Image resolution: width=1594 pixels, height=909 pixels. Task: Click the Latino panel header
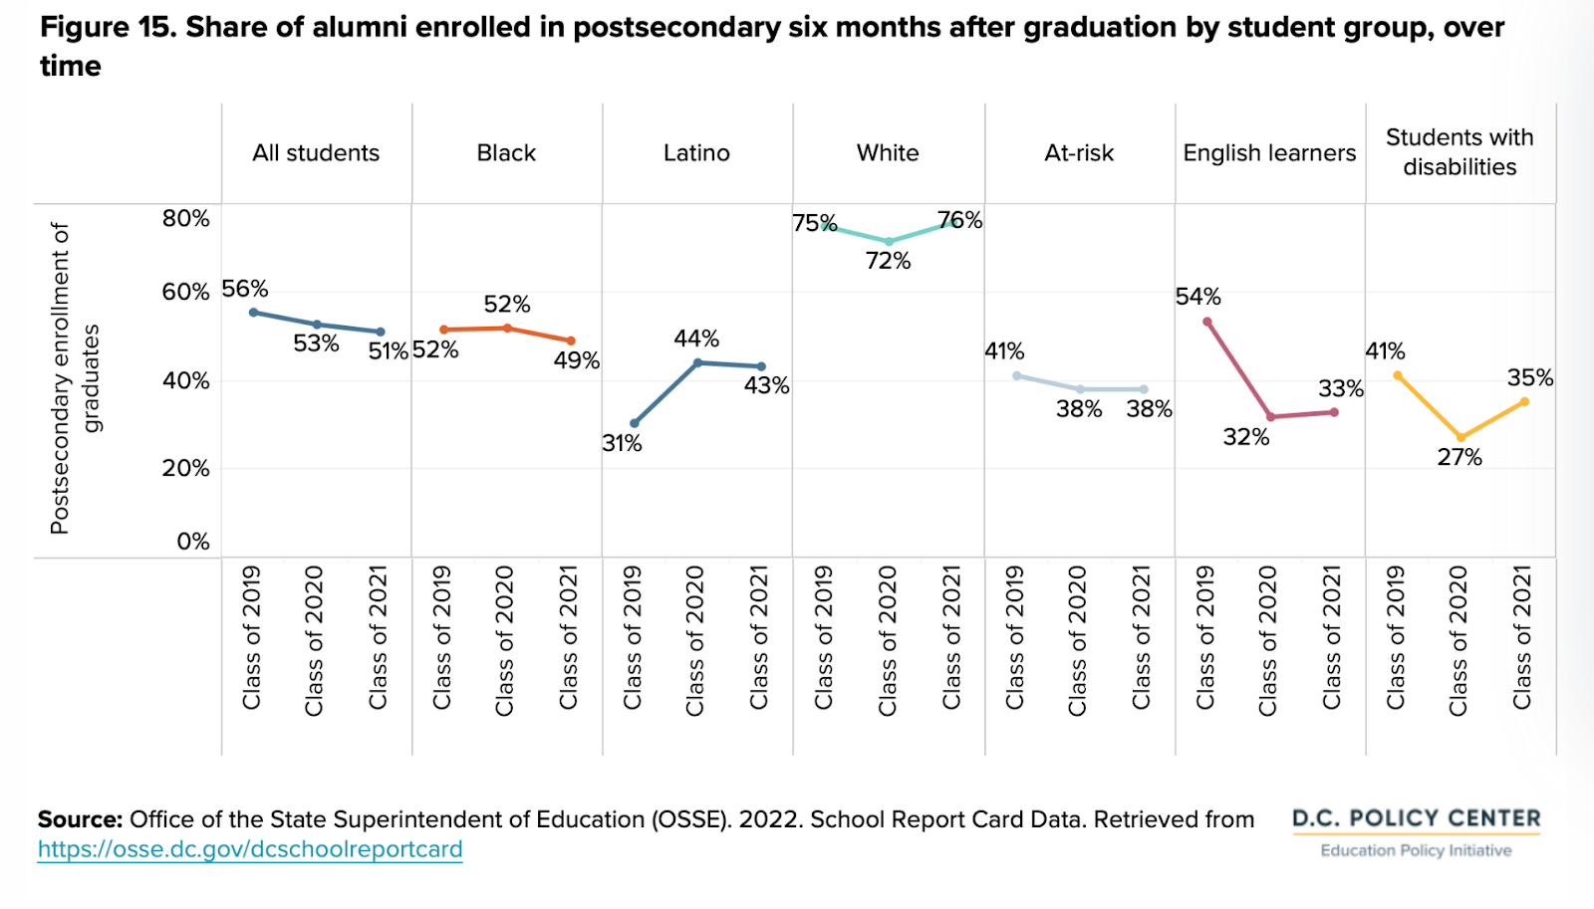(x=696, y=153)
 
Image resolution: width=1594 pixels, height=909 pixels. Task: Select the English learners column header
(x=1269, y=153)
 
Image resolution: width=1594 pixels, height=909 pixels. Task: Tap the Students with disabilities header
(x=1460, y=152)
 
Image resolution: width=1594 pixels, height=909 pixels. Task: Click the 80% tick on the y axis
(x=186, y=218)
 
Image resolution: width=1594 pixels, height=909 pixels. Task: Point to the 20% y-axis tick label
(x=186, y=468)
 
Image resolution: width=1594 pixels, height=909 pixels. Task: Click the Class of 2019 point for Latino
(x=635, y=423)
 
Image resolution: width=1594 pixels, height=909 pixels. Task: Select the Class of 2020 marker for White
(x=889, y=242)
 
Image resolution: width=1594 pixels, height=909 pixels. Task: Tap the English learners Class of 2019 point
(x=1206, y=322)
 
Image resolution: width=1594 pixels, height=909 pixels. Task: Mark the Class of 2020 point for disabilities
(x=1461, y=438)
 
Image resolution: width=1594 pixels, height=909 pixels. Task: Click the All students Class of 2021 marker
(x=381, y=332)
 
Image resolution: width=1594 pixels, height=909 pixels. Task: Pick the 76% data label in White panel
(x=959, y=220)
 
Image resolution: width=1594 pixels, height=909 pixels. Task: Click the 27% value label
(x=1460, y=458)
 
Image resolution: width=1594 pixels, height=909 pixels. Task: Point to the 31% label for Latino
(x=622, y=444)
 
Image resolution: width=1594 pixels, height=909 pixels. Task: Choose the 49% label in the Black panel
(x=577, y=360)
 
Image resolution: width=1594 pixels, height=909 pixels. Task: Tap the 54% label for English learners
(x=1197, y=297)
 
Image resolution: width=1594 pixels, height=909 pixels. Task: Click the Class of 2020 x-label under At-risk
(x=1078, y=640)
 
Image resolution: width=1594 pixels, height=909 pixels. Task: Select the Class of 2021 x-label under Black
(x=569, y=637)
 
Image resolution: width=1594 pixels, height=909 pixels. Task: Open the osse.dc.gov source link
(x=250, y=849)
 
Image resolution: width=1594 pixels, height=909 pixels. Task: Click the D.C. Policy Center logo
(x=1416, y=831)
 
